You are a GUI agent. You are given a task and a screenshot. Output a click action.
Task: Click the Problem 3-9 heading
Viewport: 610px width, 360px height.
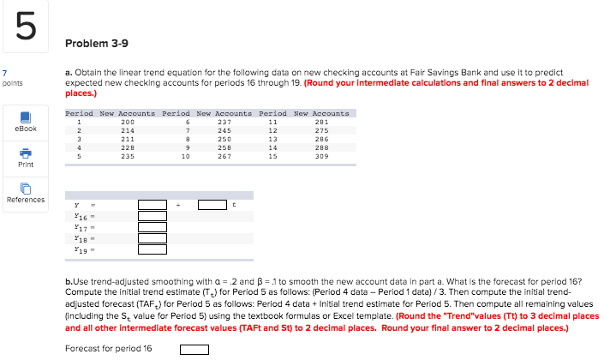[93, 43]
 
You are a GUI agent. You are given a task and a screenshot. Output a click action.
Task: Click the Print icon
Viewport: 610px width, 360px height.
[26, 156]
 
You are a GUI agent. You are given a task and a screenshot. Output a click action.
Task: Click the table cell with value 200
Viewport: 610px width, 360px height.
[128, 122]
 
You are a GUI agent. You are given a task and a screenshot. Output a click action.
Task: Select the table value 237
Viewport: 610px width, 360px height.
[224, 122]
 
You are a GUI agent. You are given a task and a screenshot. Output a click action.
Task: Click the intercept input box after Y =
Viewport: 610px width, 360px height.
[152, 206]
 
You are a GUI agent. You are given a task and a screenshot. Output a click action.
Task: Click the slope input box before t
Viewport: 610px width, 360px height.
[212, 206]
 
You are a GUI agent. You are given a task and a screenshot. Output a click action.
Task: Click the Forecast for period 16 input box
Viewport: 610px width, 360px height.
[194, 349]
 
